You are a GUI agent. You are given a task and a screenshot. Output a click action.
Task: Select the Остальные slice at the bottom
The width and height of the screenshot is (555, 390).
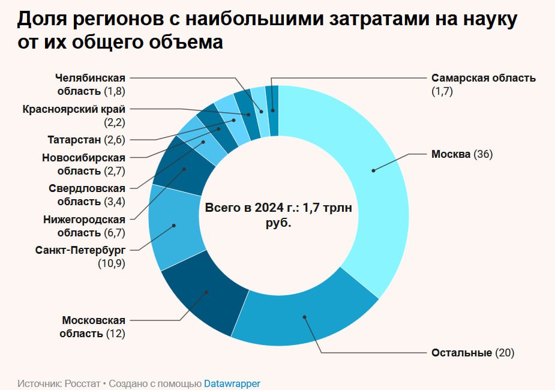point(306,318)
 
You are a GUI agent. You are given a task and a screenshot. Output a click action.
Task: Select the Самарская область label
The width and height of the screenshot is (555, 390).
point(483,78)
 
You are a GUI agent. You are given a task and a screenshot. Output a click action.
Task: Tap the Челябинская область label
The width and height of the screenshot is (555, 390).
point(90,85)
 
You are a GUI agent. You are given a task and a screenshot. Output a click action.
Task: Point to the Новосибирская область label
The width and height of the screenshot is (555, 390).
point(83,164)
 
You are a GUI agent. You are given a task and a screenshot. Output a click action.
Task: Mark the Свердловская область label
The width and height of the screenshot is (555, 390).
point(87,194)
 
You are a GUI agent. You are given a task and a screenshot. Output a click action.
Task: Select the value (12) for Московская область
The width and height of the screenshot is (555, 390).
point(115,334)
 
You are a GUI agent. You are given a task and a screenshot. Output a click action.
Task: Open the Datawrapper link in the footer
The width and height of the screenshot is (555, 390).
point(232,383)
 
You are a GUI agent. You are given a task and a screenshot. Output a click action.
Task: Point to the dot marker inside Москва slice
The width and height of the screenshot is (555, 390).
point(373,171)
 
